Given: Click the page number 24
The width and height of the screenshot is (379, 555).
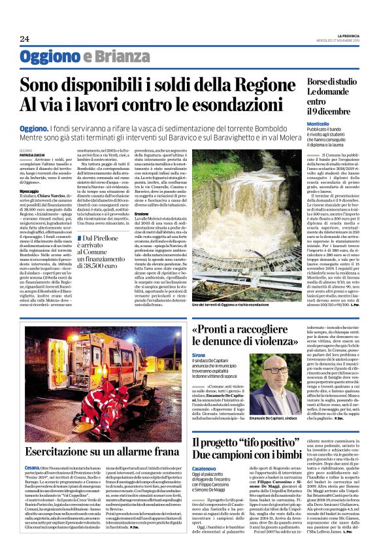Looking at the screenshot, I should [x=24, y=39].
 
